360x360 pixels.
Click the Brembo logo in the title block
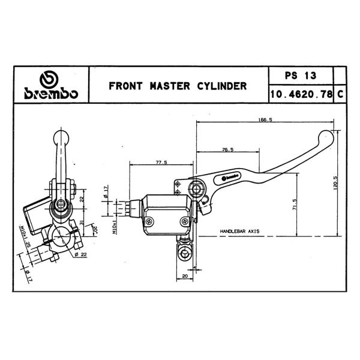(x=51, y=85)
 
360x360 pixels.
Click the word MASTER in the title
(x=170, y=86)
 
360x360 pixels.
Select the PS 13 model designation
(x=301, y=76)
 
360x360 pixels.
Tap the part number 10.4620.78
(x=301, y=94)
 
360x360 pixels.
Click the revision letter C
(x=340, y=94)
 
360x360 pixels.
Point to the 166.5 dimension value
(x=265, y=119)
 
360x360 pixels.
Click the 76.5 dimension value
(x=228, y=149)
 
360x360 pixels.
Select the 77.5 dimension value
(x=161, y=163)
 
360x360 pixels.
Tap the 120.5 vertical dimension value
(x=335, y=183)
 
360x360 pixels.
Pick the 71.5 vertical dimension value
(x=295, y=204)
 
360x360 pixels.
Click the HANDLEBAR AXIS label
(x=239, y=231)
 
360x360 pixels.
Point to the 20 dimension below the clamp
(x=185, y=276)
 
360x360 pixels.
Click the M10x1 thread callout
(x=115, y=226)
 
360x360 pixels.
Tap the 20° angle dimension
(x=95, y=229)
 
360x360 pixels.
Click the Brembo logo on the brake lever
(x=230, y=178)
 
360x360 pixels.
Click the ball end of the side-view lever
(x=61, y=139)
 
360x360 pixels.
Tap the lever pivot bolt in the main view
(x=196, y=189)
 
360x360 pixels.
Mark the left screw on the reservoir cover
(x=149, y=221)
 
